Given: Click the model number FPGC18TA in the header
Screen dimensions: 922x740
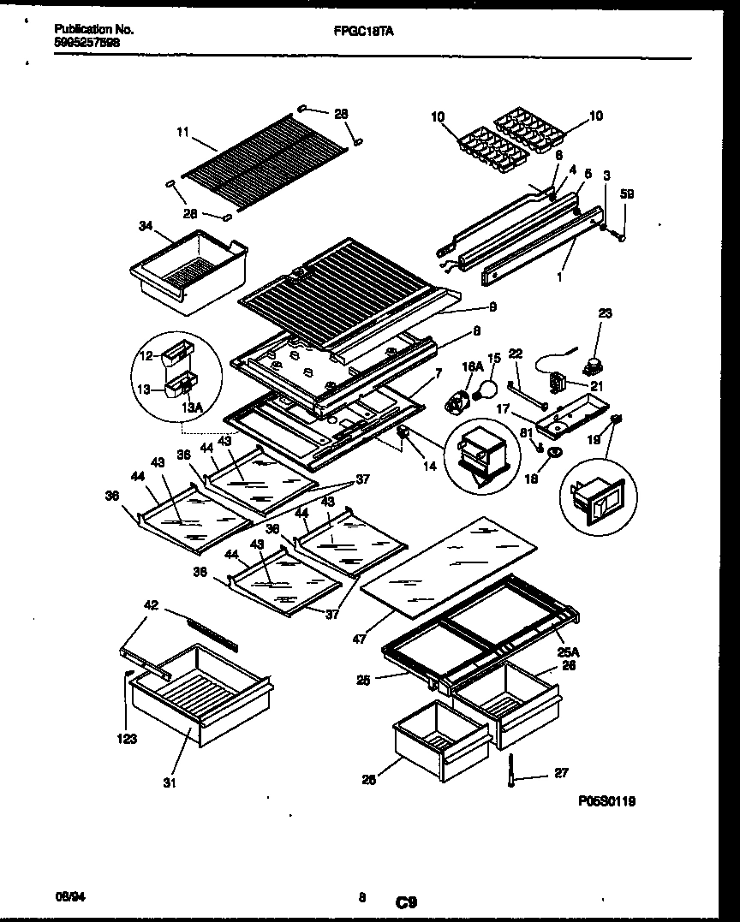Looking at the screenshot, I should (x=357, y=29).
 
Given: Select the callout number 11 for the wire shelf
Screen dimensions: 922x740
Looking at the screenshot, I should (x=182, y=133).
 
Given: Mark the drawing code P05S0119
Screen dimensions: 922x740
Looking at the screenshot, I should (x=606, y=802).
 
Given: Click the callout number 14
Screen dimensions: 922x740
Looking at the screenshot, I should (x=429, y=466).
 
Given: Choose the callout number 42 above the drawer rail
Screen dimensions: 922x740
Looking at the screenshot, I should (x=151, y=606).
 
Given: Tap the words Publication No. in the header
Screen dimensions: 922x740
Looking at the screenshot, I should (x=93, y=29).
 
